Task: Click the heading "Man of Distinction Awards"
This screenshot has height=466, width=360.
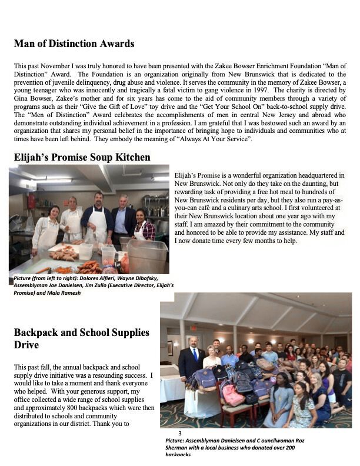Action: click(x=74, y=44)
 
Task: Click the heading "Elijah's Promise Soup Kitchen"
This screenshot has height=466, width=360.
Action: click(x=82, y=158)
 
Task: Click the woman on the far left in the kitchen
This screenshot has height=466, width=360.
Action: click(x=46, y=227)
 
